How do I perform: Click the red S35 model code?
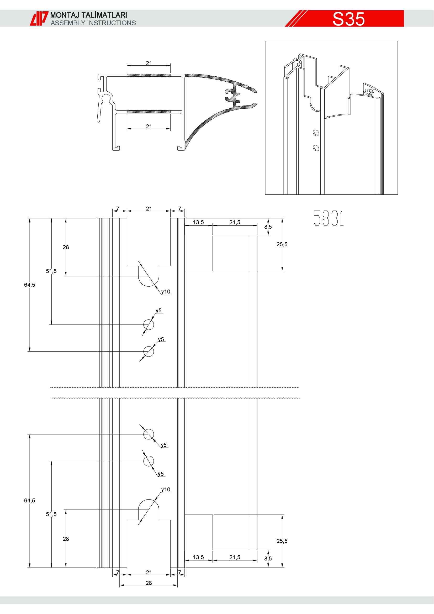348,19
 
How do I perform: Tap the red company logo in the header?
39,18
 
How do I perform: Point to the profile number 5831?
329,218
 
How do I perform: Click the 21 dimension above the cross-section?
149,63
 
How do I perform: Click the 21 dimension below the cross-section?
149,126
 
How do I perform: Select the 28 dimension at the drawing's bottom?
149,583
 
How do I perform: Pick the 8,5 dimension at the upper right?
268,227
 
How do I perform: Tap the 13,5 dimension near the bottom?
198,557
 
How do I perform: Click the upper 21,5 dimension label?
235,222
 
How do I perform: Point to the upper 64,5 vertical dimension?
29,285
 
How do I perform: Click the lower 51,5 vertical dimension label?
51,514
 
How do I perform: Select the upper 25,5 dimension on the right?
282,244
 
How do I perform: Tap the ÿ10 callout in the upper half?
166,291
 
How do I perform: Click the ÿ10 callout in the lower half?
166,489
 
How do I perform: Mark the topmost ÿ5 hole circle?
149,325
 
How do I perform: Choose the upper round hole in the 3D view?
316,133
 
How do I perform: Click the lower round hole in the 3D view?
316,148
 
